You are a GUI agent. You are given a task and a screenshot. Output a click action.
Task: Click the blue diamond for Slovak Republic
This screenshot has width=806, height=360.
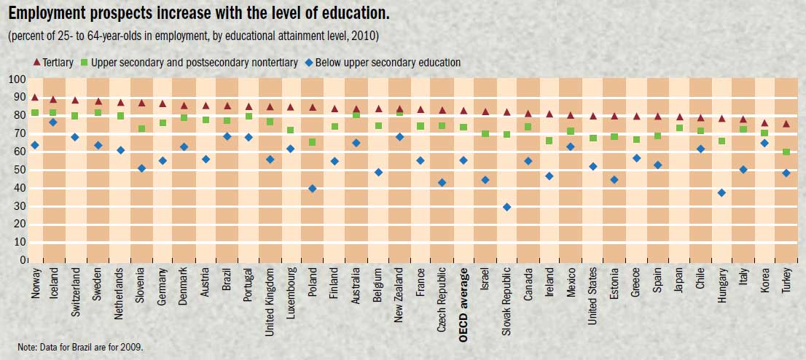pos(506,207)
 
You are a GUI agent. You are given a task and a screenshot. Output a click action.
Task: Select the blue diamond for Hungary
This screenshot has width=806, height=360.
pos(721,193)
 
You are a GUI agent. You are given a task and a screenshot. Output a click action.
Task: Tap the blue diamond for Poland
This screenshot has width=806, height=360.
pos(313,189)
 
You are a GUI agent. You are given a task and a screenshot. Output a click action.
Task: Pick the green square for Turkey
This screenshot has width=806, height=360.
pos(786,152)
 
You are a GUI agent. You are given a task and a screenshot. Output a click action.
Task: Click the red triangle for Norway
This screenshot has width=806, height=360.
pos(34,97)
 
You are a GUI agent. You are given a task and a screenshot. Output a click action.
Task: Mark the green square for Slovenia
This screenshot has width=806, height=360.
pos(141,129)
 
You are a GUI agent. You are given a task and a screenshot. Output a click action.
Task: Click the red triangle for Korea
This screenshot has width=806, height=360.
pos(764,124)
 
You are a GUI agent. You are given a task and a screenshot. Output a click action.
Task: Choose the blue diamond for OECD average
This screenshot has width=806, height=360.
pos(463,160)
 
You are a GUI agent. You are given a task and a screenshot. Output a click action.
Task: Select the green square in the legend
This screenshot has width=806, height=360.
pos(85,63)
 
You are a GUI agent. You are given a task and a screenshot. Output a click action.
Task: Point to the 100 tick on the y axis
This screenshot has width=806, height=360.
pos(17,79)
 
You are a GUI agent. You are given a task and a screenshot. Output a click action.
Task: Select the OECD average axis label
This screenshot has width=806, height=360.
pos(463,294)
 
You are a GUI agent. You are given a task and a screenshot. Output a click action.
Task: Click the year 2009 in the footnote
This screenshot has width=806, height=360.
pos(133,347)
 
